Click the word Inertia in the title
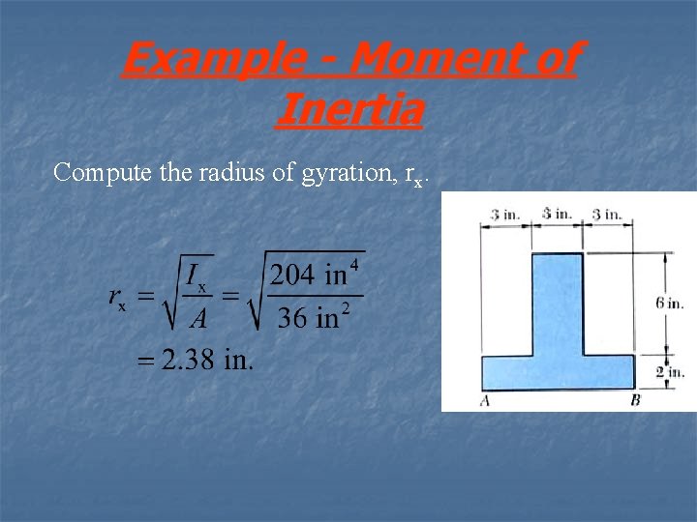(x=348, y=108)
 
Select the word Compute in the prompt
(x=93, y=174)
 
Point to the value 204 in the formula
(x=292, y=275)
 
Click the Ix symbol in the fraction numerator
(x=197, y=276)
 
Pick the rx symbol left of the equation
(x=115, y=301)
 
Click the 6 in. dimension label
(x=670, y=303)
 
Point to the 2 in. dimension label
(x=670, y=371)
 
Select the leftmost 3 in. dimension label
(x=504, y=214)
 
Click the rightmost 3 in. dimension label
(x=607, y=214)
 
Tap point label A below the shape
(x=484, y=400)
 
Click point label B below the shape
(x=636, y=400)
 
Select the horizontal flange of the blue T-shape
(x=559, y=371)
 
